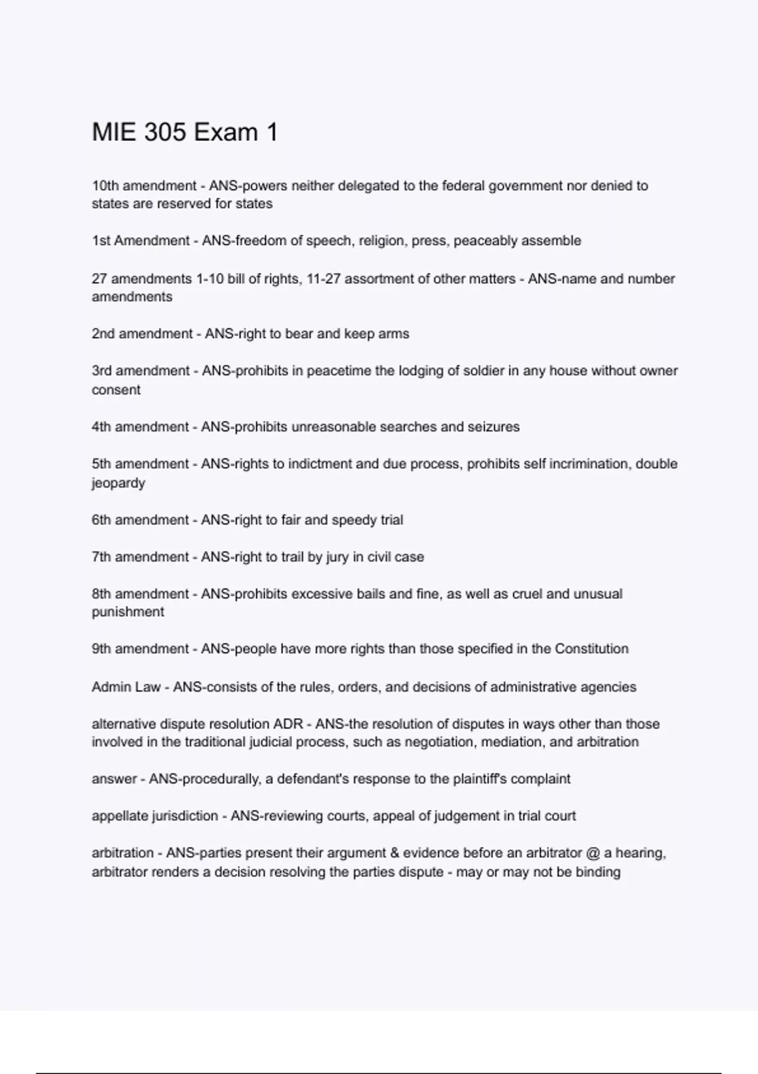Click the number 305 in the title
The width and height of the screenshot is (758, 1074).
click(165, 133)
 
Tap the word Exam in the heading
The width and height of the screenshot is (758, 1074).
click(226, 133)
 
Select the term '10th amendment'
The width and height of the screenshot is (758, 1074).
click(144, 186)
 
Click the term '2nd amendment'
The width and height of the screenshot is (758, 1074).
click(142, 334)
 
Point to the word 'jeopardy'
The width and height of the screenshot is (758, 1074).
click(118, 483)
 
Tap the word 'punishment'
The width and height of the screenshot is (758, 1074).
click(128, 612)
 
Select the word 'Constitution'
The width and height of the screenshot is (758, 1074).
click(591, 649)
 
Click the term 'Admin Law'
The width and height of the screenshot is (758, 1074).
click(126, 687)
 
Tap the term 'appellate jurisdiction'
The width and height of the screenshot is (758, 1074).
click(155, 816)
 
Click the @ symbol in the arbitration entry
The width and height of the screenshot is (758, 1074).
click(593, 854)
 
